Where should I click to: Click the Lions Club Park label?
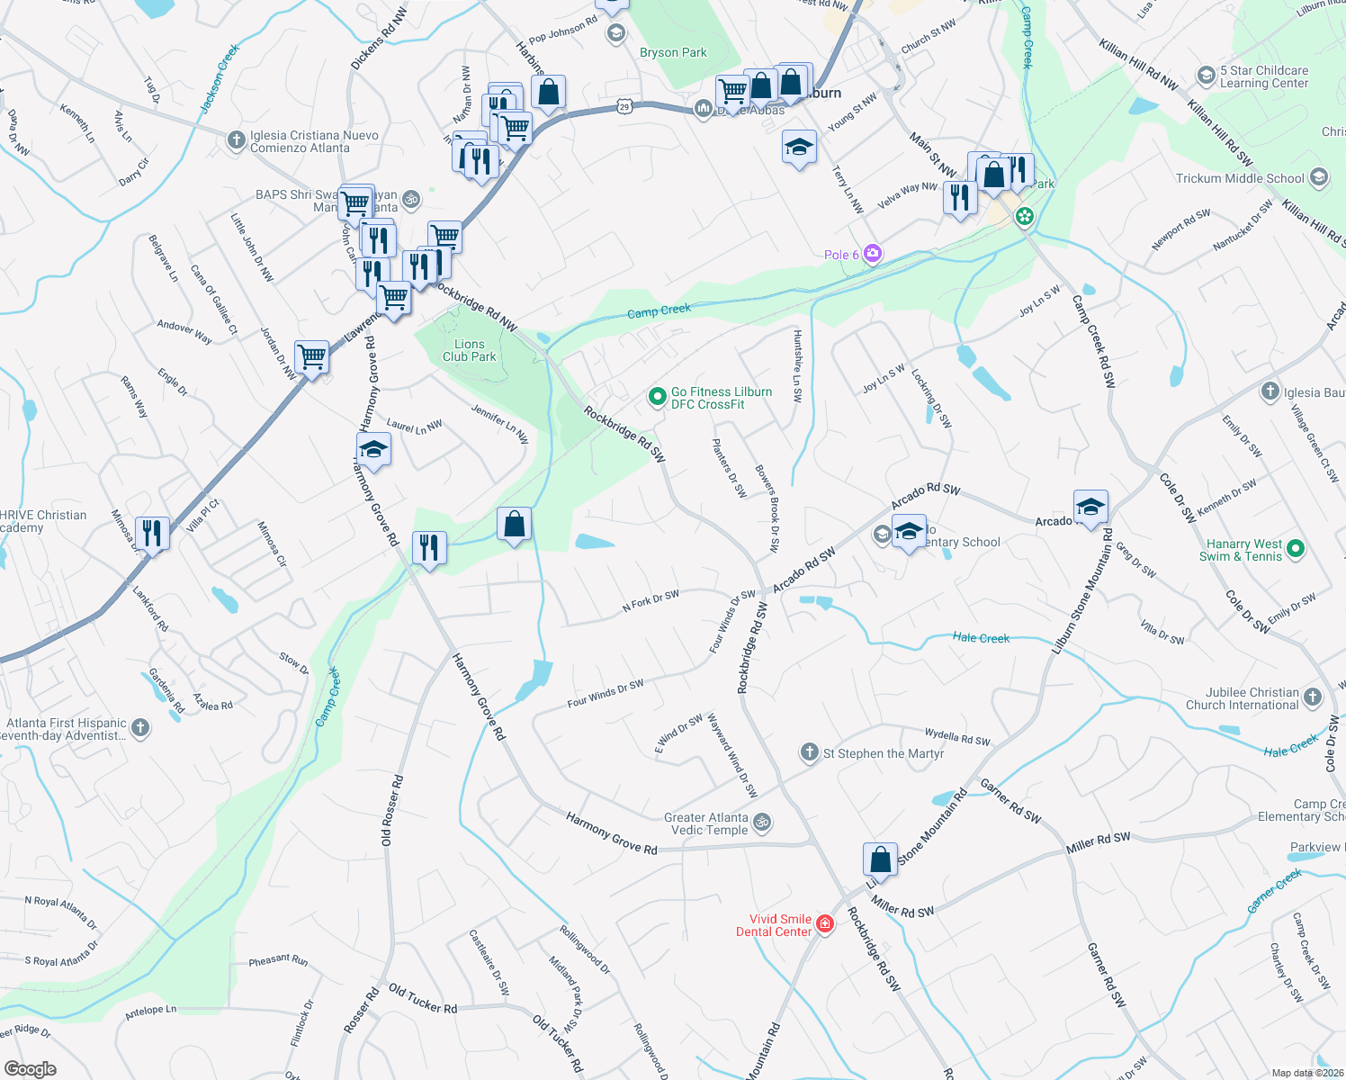pyautogui.click(x=469, y=350)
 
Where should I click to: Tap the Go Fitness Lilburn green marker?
pyautogui.click(x=658, y=396)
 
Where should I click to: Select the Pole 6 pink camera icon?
pyautogui.click(x=872, y=254)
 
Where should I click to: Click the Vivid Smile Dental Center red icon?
pyautogui.click(x=824, y=924)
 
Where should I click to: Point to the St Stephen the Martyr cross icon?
pyautogui.click(x=810, y=752)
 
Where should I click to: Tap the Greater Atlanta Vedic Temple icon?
pyautogui.click(x=762, y=822)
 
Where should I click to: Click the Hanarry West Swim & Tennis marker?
pyautogui.click(x=1296, y=548)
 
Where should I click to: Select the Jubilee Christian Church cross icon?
pyautogui.click(x=1313, y=697)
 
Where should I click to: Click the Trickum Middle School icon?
pyautogui.click(x=1319, y=177)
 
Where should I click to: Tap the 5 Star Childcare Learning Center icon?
pyautogui.click(x=1207, y=76)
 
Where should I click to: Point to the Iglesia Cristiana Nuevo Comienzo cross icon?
pyautogui.click(x=236, y=140)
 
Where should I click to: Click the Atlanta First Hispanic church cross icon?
pyautogui.click(x=140, y=727)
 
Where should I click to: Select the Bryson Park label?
pyautogui.click(x=673, y=53)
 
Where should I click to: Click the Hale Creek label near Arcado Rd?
pyautogui.click(x=981, y=638)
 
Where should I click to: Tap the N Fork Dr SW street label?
pyautogui.click(x=651, y=602)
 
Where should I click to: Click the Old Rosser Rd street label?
pyautogui.click(x=392, y=810)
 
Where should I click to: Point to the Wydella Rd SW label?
pyautogui.click(x=957, y=738)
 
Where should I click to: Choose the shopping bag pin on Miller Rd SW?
pyautogui.click(x=880, y=860)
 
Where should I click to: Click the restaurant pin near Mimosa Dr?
pyautogui.click(x=152, y=534)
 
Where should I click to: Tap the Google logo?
pyautogui.click(x=31, y=1068)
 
